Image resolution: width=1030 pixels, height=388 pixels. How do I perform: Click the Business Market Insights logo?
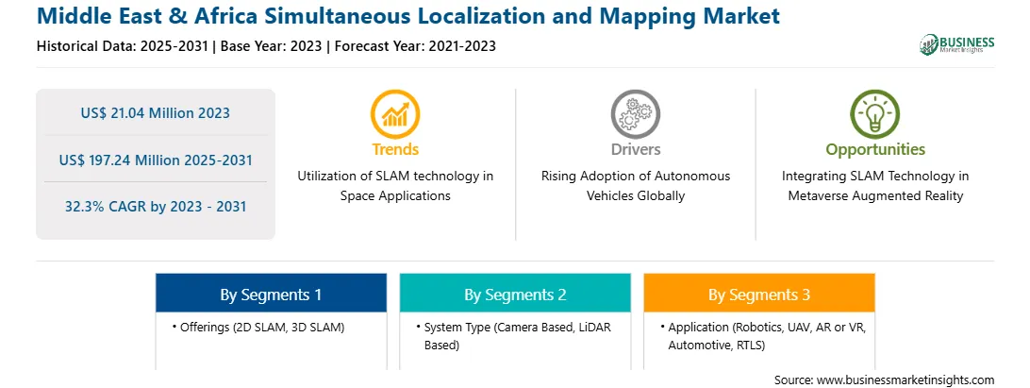point(956,44)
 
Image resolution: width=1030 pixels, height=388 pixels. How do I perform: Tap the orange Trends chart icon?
point(395,114)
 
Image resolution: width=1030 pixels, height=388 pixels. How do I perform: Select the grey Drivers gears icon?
point(635,114)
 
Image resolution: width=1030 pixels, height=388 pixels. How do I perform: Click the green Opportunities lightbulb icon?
point(875,114)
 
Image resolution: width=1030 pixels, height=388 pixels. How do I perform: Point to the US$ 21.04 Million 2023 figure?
point(155,113)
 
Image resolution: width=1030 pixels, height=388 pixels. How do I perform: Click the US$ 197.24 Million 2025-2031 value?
point(155,160)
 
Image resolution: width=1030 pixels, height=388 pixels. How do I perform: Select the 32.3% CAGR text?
point(155,207)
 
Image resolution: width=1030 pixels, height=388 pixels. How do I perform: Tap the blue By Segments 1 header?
point(271,293)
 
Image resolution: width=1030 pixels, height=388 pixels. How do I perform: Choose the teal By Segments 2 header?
point(515,293)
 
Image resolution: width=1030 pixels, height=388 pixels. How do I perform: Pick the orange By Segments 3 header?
point(759,293)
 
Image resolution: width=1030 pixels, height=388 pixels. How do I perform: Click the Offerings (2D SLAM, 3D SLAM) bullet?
point(258,327)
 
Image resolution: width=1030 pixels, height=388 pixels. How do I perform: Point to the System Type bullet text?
point(514,335)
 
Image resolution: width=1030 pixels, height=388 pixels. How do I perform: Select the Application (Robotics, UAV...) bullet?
point(763,335)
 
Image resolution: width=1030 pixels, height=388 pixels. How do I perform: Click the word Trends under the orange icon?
point(395,149)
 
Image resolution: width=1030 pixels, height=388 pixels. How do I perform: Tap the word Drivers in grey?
point(635,149)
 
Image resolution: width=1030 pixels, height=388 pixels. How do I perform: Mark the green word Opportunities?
point(875,149)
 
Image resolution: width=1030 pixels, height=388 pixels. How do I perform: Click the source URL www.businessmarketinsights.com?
point(905,380)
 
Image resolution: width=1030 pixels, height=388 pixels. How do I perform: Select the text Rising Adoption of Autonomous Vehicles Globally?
point(635,185)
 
